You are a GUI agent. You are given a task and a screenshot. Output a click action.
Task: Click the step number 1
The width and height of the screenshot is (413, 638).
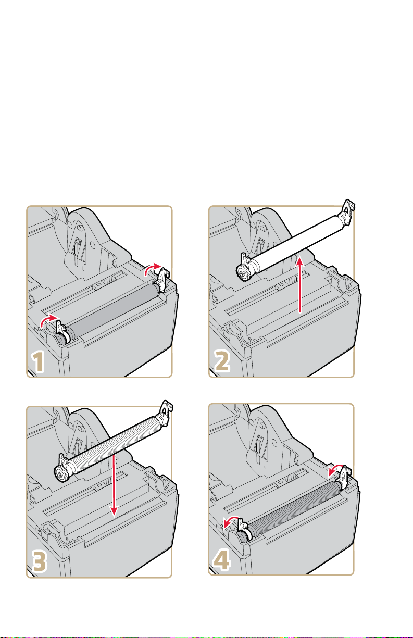point(39,362)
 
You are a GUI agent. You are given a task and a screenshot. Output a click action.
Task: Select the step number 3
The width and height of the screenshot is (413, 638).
point(39,561)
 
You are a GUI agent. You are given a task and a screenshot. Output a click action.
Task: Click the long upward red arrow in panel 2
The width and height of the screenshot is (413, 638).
point(299,285)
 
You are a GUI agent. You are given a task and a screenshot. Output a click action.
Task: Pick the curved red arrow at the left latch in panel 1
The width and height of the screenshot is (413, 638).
point(49,321)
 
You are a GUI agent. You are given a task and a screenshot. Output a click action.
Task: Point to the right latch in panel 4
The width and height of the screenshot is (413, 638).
point(345,476)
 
